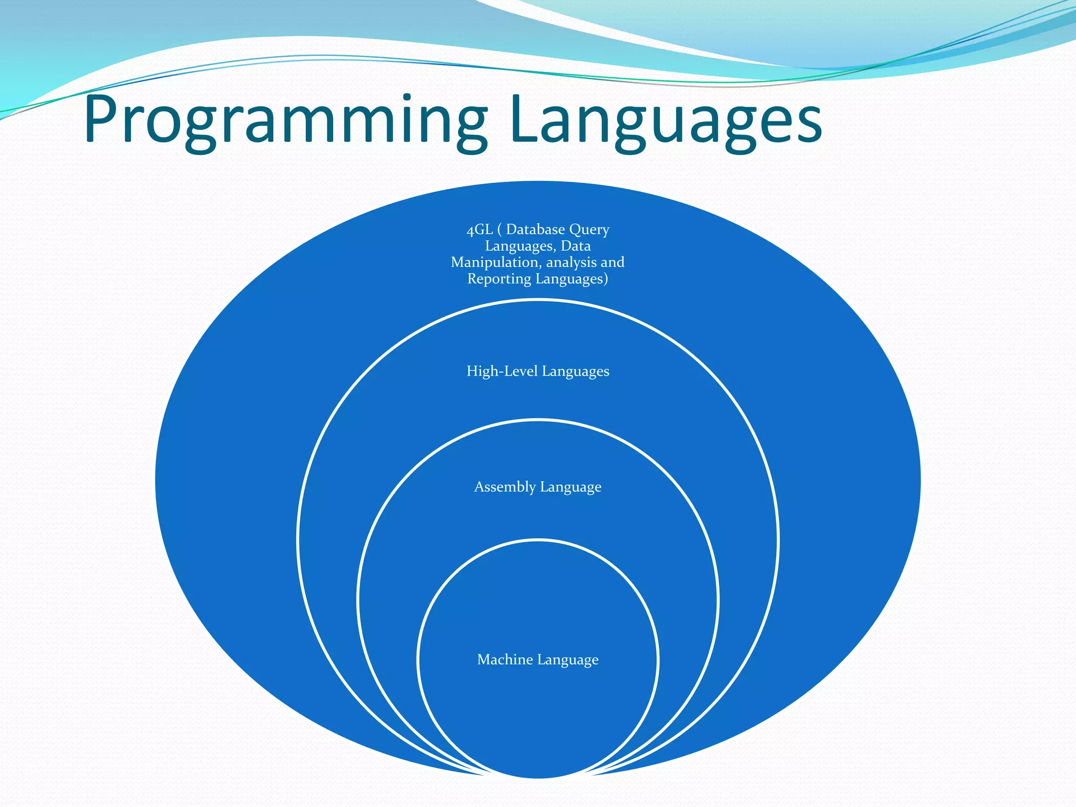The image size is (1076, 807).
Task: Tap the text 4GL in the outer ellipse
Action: (x=479, y=230)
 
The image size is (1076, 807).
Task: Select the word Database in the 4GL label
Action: (x=535, y=230)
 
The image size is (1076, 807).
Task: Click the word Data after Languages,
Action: (x=575, y=246)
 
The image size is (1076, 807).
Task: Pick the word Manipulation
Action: (x=494, y=262)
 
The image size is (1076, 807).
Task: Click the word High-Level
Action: (x=502, y=371)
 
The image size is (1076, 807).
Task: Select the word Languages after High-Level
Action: (x=575, y=372)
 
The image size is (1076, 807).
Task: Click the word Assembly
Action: (x=504, y=487)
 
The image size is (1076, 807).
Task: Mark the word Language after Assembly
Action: (x=571, y=488)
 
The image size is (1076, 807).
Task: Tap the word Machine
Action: (x=504, y=659)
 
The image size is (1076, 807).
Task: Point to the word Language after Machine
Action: (x=568, y=660)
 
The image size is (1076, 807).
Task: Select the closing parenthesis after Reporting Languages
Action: (x=606, y=279)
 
